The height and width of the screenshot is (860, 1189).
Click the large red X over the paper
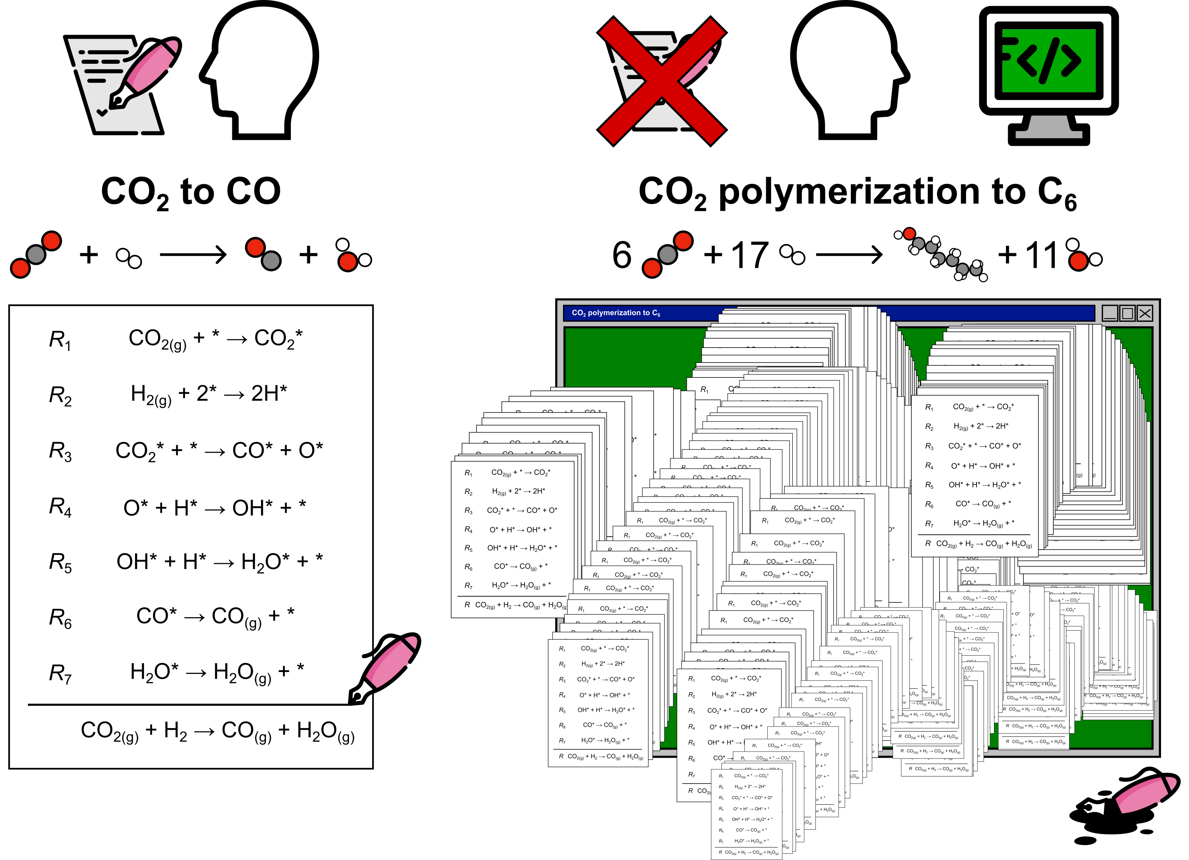(x=661, y=81)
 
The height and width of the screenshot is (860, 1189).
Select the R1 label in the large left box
(x=60, y=340)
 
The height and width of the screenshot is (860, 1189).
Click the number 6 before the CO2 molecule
(x=622, y=255)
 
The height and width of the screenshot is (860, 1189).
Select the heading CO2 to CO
(x=191, y=192)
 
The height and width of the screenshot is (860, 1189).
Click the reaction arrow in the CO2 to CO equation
(x=193, y=255)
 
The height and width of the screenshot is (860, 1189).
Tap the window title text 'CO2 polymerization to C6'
(x=616, y=313)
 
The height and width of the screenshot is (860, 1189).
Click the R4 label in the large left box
(x=60, y=508)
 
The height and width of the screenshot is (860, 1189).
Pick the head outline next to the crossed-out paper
(x=849, y=71)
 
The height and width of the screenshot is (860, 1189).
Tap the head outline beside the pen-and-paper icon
(x=259, y=71)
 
